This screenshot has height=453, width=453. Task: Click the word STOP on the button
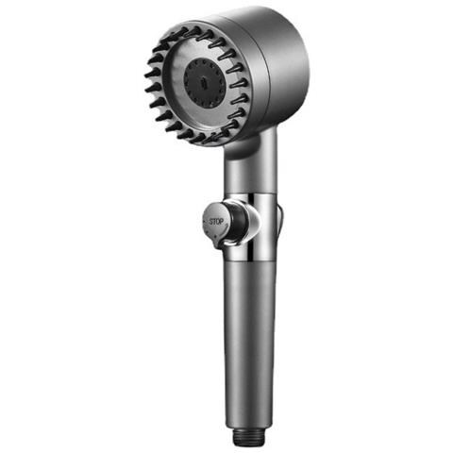216,222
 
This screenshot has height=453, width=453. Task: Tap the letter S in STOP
211,222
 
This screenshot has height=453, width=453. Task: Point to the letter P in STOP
222,222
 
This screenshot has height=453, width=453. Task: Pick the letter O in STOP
218,222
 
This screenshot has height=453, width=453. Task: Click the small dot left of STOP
205,221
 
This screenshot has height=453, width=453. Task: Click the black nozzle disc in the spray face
205,83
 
